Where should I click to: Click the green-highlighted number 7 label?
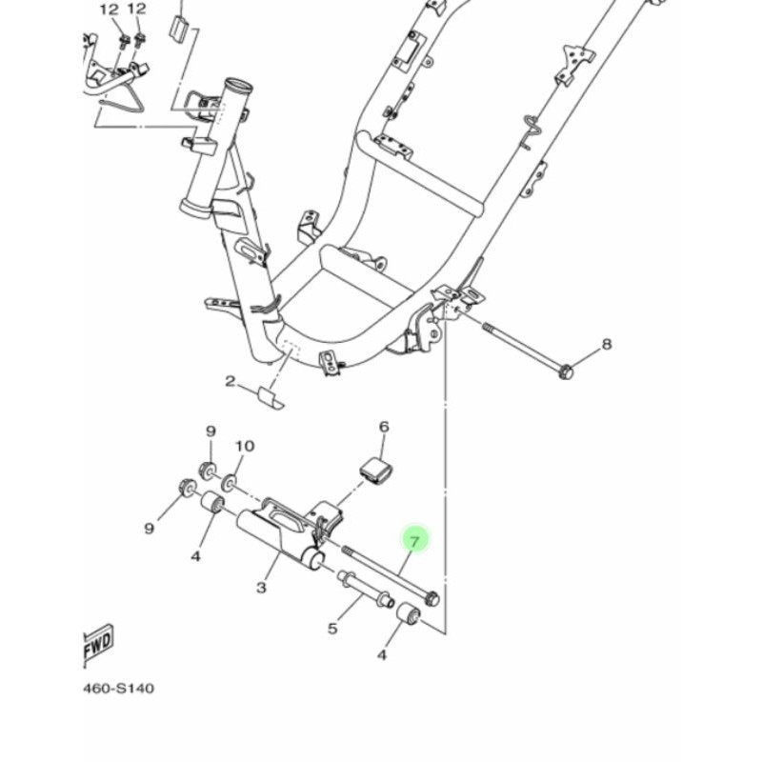(x=414, y=541)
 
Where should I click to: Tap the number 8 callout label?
(x=606, y=344)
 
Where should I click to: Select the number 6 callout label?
(x=384, y=427)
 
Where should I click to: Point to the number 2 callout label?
(x=230, y=382)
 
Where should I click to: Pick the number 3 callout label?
(x=261, y=588)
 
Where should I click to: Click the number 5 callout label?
(x=332, y=628)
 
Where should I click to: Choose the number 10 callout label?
(x=244, y=446)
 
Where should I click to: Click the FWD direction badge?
(x=98, y=647)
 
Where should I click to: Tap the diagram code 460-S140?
(x=118, y=688)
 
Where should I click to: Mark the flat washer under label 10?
(x=233, y=471)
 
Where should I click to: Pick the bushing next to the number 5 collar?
(x=411, y=625)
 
